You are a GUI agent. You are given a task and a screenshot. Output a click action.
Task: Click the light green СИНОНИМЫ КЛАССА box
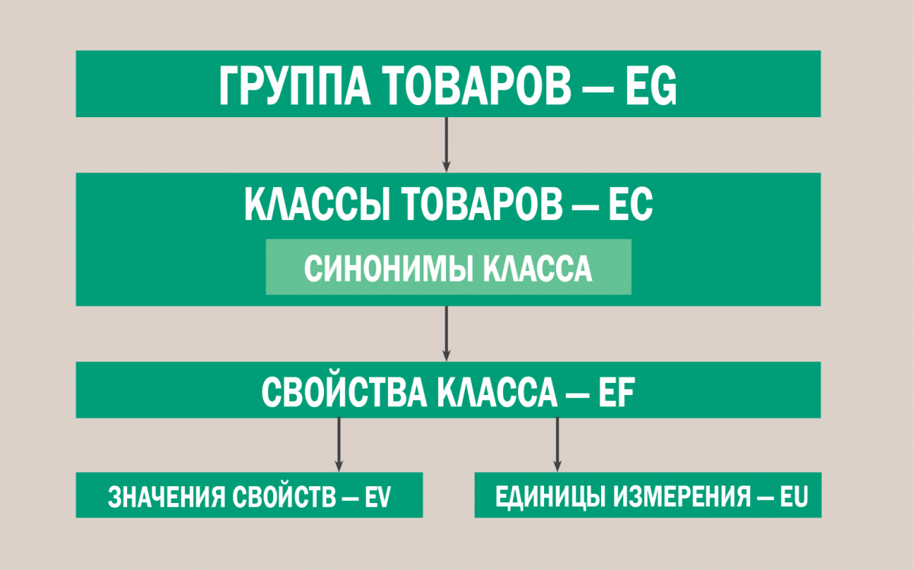pyautogui.click(x=448, y=267)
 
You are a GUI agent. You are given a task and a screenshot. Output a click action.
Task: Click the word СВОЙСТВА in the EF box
pyautogui.click(x=346, y=390)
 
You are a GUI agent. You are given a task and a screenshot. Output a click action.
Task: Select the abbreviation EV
pyautogui.click(x=377, y=496)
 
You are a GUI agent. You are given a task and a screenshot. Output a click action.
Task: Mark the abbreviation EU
pyautogui.click(x=793, y=496)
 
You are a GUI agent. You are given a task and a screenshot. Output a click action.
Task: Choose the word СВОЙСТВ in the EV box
pyautogui.click(x=283, y=496)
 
